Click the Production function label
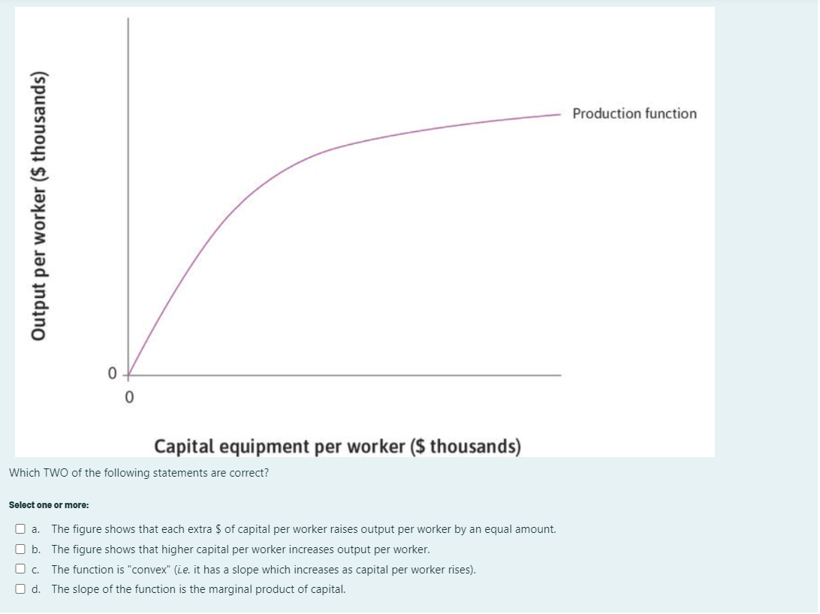coord(634,114)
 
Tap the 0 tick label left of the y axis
coord(112,373)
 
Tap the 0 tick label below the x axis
coord(128,398)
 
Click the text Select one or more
coord(48,505)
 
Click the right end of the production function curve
coord(559,116)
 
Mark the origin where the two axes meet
coord(128,374)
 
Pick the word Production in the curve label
coord(603,114)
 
